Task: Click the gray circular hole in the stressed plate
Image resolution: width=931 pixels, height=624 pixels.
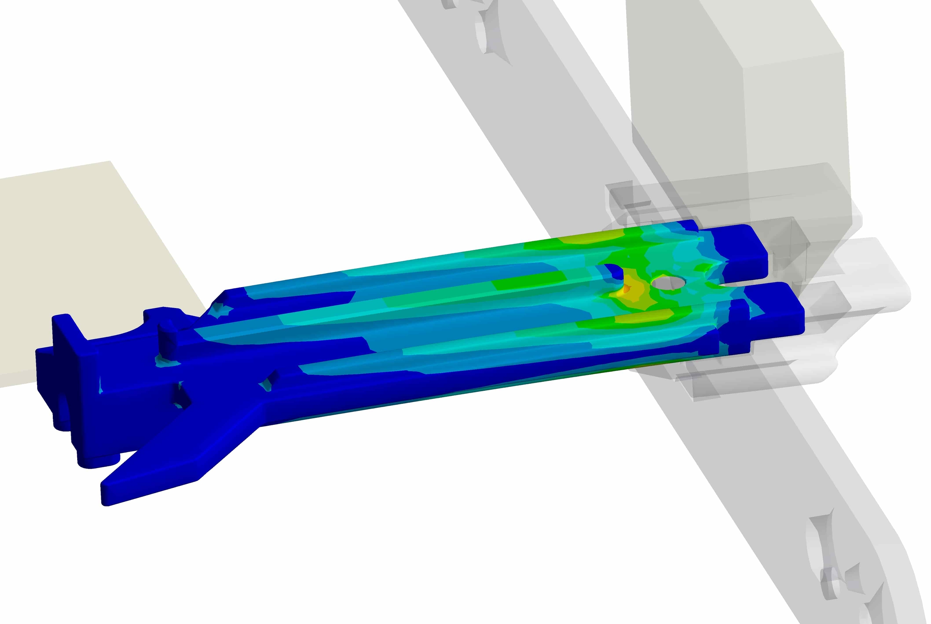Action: [668, 283]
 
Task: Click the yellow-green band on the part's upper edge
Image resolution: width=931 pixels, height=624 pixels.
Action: [588, 239]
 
